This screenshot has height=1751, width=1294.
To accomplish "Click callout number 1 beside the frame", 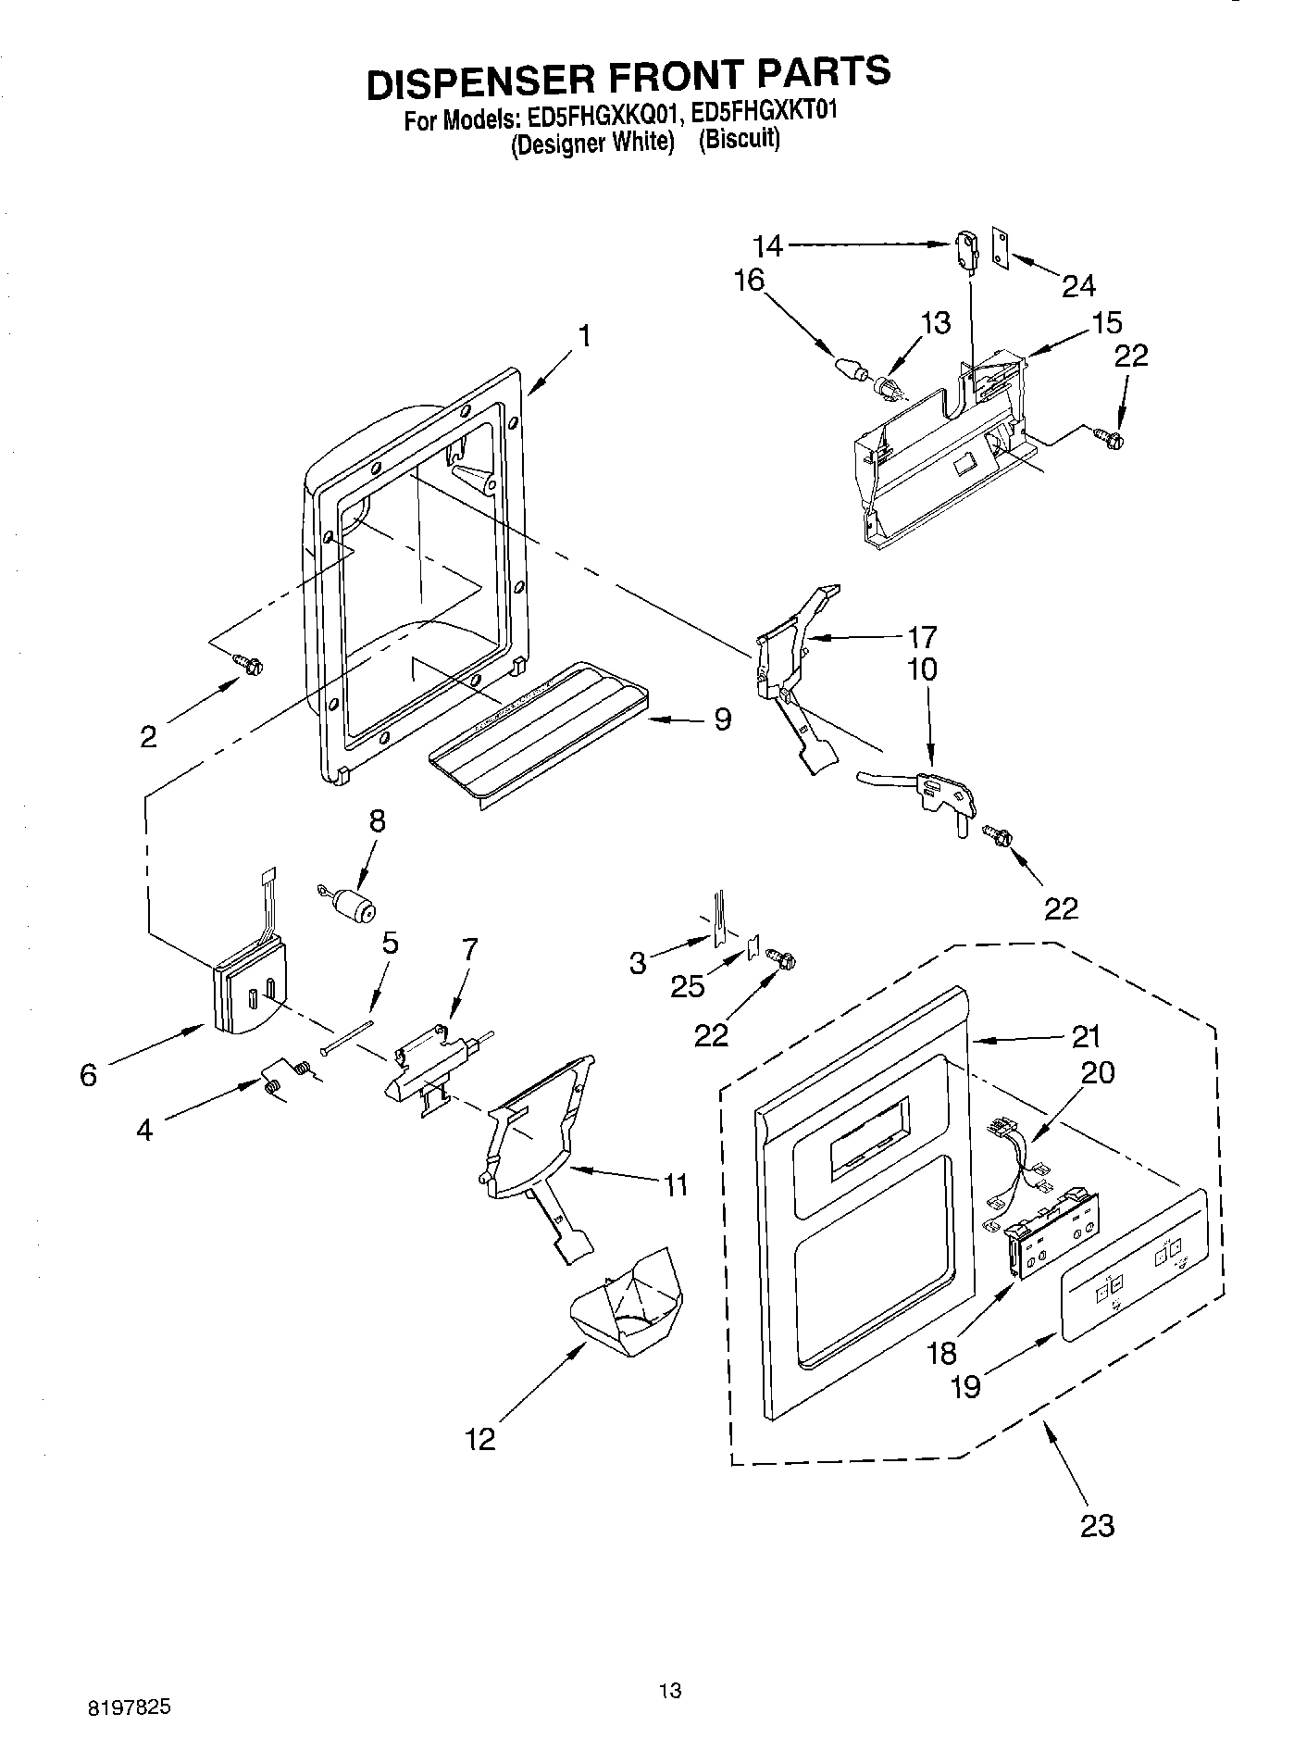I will pos(584,335).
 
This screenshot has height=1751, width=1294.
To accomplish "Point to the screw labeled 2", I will pos(249,663).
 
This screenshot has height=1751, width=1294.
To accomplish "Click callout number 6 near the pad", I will pos(88,1075).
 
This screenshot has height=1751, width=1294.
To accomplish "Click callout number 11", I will pos(677,1184).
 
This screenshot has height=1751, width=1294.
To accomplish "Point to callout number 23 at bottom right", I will pos(1097,1525).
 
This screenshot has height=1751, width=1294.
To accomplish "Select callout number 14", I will pos(767,245).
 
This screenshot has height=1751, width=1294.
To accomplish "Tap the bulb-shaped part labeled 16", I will pos(849,367).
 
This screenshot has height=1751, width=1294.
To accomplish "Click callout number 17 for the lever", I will pos(922,636).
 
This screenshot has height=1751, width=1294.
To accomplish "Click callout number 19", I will pos(965,1386).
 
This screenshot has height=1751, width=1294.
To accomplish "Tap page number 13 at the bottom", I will pos(670,1692).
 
